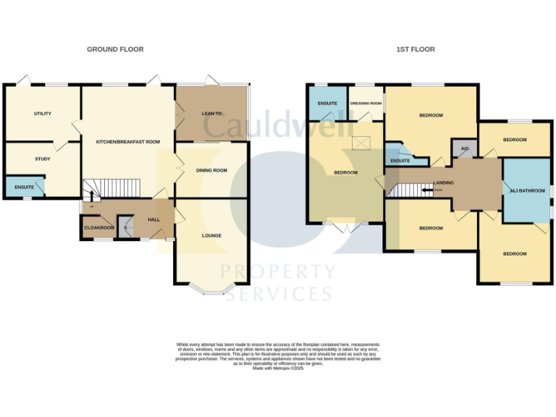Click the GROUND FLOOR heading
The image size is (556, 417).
[115, 49]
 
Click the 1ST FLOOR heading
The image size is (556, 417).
[416, 49]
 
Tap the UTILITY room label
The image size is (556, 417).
[42, 114]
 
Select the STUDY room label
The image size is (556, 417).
[42, 158]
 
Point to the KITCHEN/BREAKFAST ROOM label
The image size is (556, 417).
[128, 142]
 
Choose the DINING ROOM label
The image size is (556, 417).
[211, 170]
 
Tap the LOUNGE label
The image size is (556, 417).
[211, 235]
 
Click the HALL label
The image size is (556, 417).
[153, 219]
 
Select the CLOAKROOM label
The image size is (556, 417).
[99, 228]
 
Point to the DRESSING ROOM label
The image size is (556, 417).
[366, 104]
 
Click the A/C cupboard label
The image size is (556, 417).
[464, 149]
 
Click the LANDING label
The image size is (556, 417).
[443, 182]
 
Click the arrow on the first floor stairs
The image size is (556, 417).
[428, 190]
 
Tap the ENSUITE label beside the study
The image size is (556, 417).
[24, 188]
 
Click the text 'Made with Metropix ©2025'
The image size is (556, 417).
[278, 368]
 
